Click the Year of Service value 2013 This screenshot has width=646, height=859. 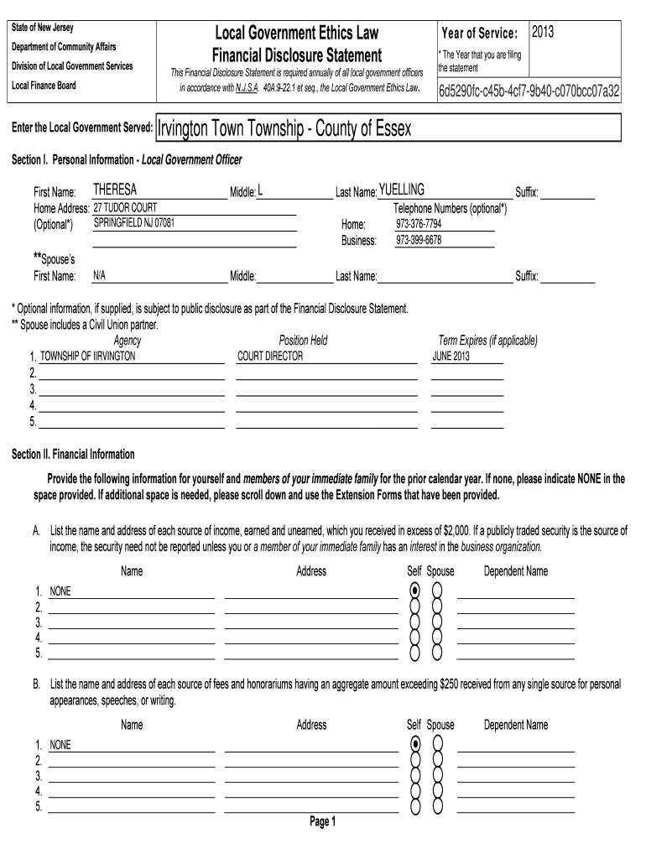click(543, 32)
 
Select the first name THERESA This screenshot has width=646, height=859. click(115, 190)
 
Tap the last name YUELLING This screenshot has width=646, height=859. click(402, 190)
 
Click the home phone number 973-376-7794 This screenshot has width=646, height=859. click(419, 225)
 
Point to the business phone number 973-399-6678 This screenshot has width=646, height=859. click(419, 240)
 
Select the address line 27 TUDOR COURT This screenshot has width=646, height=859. click(125, 208)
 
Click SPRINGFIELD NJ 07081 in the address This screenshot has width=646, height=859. click(134, 224)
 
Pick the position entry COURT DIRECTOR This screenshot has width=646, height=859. click(270, 356)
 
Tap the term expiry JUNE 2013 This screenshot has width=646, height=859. click(451, 356)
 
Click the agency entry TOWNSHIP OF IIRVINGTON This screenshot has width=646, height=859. click(88, 356)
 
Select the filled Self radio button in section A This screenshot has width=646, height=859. click(415, 591)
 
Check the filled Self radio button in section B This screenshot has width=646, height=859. click(415, 744)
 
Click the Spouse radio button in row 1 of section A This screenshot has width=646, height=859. click(437, 591)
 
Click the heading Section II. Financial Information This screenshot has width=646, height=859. click(73, 454)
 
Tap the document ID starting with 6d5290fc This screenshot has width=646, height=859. click(529, 91)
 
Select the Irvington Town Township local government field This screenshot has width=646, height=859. click(284, 129)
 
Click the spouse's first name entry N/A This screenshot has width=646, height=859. click(99, 275)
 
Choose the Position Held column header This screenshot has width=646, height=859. click(303, 341)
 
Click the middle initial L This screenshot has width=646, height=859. click(261, 191)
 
